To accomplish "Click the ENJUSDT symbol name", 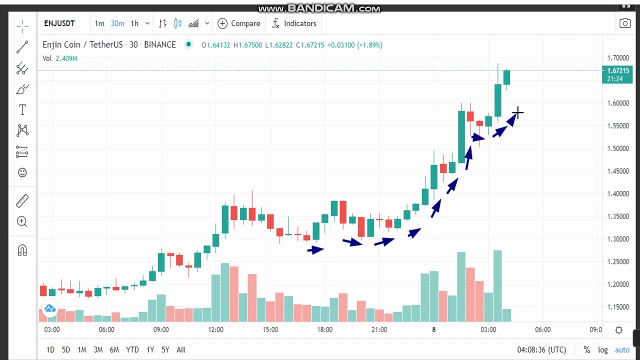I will [59, 23].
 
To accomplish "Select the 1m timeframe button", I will [99, 23].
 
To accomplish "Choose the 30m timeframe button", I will [117, 23].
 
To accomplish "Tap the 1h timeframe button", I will [134, 23].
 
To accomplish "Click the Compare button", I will [239, 23].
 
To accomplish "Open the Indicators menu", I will [294, 23].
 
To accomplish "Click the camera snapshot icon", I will [625, 23].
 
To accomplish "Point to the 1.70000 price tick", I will [618, 58].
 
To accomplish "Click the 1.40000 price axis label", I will [618, 193].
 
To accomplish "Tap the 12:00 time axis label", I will [215, 329].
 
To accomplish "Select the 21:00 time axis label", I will [379, 329].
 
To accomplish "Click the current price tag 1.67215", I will [617, 71].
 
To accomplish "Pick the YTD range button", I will [132, 350].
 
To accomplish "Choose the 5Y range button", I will [165, 350].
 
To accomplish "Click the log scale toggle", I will [603, 350].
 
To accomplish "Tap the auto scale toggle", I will [622, 350].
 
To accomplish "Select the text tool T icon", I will [22, 110].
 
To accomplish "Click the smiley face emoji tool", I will [22, 172].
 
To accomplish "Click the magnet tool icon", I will [22, 250].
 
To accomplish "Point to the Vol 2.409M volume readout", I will [60, 58].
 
